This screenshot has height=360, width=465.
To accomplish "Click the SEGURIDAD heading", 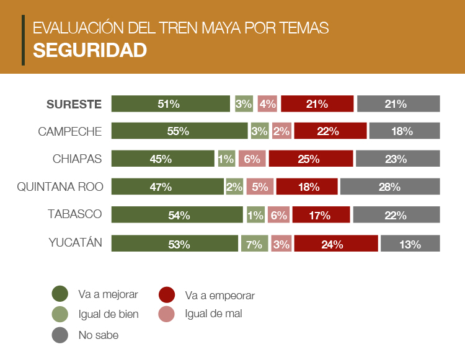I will [90, 50].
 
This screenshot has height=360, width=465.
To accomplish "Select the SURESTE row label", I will [74, 104].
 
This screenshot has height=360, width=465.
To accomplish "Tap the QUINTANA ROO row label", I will [60, 187].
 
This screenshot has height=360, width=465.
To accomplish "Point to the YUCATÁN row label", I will [75, 242].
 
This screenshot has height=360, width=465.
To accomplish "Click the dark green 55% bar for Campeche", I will [179, 131].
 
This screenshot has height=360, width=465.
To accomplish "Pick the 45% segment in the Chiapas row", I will [162, 159].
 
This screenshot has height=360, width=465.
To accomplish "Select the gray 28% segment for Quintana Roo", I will [389, 187].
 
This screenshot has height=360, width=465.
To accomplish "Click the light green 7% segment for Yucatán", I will [254, 244].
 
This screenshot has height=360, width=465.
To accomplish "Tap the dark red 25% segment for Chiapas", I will [311, 159].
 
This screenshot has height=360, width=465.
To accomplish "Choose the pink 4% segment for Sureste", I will [267, 104].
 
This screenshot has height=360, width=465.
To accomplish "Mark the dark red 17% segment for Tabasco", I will [321, 215].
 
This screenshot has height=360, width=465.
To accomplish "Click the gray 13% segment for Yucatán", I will [410, 244].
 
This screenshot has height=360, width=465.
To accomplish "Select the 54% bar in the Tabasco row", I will [177, 215].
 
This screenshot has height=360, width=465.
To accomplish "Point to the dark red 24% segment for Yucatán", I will [335, 244].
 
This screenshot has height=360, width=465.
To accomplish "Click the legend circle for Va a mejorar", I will [60, 294].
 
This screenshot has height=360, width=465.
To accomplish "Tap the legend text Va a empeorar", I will [219, 296].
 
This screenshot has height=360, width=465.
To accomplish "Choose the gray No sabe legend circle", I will [60, 335].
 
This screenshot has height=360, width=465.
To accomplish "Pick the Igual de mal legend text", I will [213, 314].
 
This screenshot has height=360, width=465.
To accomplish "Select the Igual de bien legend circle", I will [60, 314].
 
